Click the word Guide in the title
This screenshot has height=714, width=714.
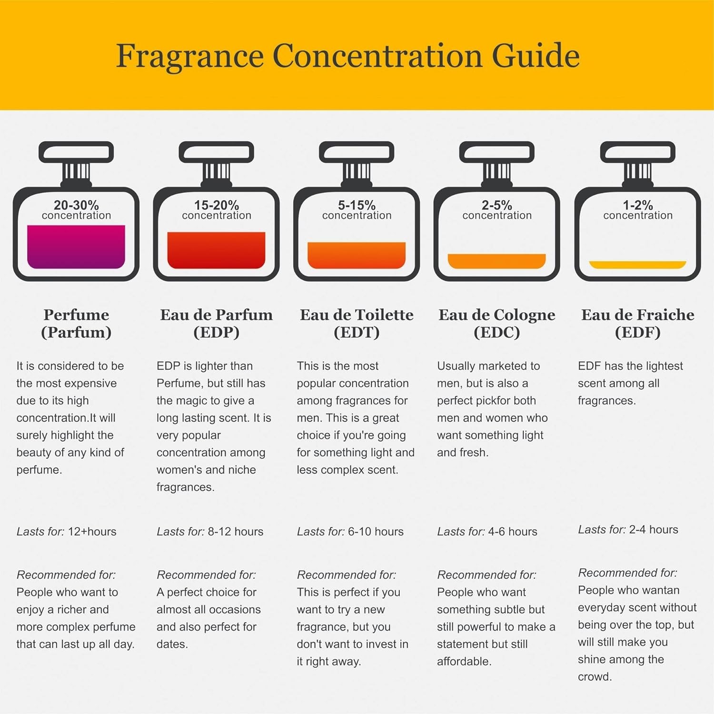click(x=535, y=56)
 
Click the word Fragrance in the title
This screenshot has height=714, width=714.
click(x=189, y=57)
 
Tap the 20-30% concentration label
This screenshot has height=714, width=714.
click(x=76, y=210)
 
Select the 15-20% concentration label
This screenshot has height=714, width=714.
click(x=217, y=210)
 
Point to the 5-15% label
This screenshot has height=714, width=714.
click(x=357, y=205)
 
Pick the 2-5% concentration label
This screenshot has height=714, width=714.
click(x=497, y=210)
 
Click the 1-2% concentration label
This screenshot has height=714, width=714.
click(x=638, y=210)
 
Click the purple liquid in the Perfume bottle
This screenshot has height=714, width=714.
click(x=76, y=247)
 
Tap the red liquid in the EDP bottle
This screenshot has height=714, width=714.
click(x=216, y=250)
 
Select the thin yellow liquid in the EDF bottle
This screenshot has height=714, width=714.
click(x=638, y=265)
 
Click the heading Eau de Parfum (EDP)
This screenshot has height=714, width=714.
click(x=216, y=323)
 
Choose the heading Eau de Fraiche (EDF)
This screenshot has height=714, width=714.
click(x=638, y=323)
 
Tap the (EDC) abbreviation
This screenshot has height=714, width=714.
click(x=496, y=332)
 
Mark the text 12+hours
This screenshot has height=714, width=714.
click(x=92, y=532)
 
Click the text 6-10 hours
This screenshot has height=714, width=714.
click(x=376, y=532)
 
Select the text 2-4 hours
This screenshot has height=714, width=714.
click(x=654, y=530)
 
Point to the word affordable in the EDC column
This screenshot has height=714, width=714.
click(x=464, y=662)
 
